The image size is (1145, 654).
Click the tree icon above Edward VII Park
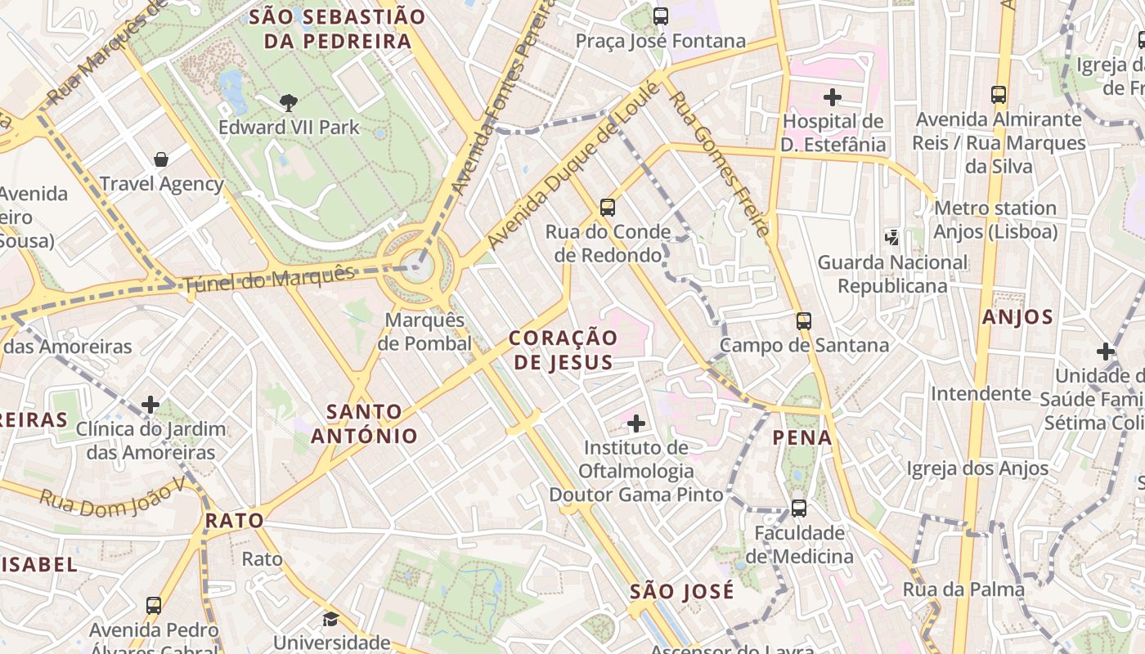(288, 103)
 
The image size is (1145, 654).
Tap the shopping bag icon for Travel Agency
(161, 159)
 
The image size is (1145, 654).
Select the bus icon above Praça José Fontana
(661, 16)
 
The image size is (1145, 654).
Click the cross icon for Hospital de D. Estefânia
(833, 97)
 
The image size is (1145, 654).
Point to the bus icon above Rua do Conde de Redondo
(607, 207)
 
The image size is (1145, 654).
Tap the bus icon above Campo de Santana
(804, 320)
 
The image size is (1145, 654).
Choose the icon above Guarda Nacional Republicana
(892, 238)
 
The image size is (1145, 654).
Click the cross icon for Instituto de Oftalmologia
(636, 423)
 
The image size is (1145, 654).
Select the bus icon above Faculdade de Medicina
(799, 508)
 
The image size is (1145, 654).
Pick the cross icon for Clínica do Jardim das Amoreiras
(150, 404)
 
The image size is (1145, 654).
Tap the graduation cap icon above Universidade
(330, 619)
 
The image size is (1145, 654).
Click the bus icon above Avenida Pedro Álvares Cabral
(154, 606)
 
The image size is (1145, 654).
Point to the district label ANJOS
(1017, 317)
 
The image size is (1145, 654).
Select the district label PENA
(802, 437)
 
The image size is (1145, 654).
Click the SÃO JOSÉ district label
(682, 591)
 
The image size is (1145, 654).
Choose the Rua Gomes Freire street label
(720, 163)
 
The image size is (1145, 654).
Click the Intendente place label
(981, 393)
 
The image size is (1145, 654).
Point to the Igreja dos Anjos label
(977, 468)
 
